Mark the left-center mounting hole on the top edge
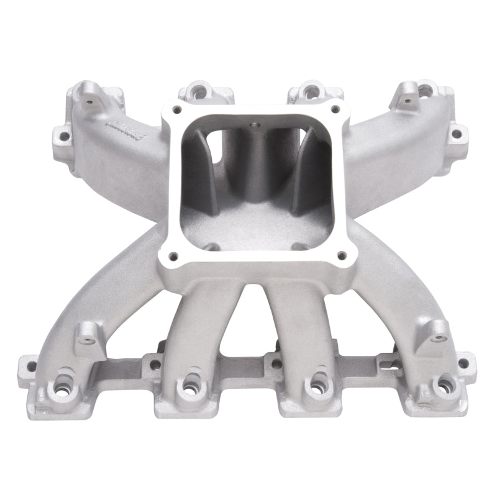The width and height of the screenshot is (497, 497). tap(200, 93)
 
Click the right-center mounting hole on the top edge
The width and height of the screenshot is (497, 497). tap(309, 92)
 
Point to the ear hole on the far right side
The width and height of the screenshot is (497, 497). tap(456, 134)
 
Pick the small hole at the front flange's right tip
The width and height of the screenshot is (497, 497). tap(462, 363)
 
